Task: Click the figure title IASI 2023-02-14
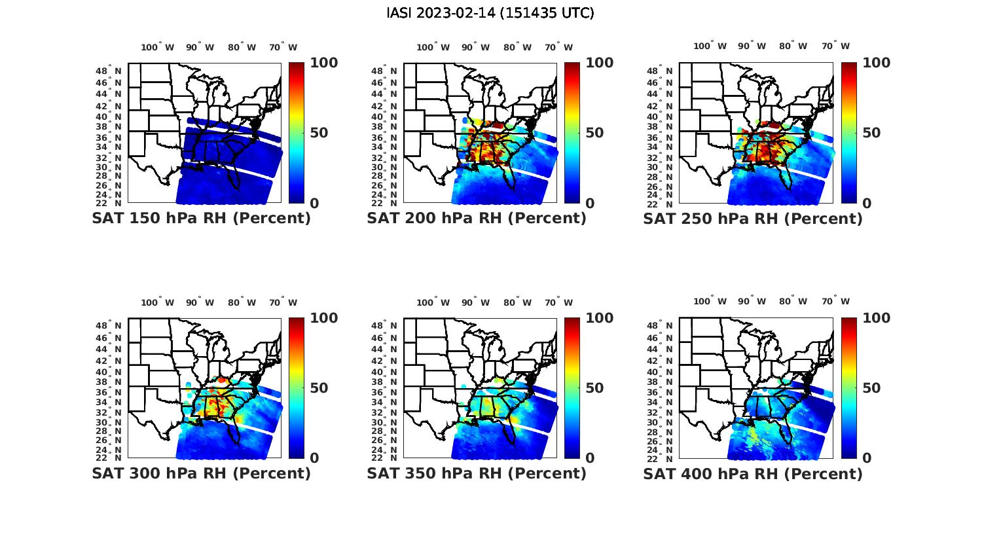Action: click(490, 13)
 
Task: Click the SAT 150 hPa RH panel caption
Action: click(201, 219)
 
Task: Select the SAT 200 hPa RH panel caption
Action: click(477, 219)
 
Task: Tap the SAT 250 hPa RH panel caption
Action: click(753, 219)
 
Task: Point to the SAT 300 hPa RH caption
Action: click(201, 473)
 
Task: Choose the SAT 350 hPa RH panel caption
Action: click(477, 473)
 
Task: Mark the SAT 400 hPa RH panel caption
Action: click(753, 473)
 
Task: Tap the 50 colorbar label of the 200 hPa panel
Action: click(594, 133)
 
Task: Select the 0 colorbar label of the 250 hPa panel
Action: click(867, 204)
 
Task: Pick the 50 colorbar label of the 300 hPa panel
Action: click(319, 388)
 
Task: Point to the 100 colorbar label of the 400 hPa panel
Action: click(877, 318)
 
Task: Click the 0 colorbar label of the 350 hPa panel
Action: click(590, 458)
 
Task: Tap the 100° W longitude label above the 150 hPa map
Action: click(158, 47)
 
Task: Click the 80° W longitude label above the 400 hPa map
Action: click(793, 302)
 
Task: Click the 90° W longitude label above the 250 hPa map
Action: click(752, 46)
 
